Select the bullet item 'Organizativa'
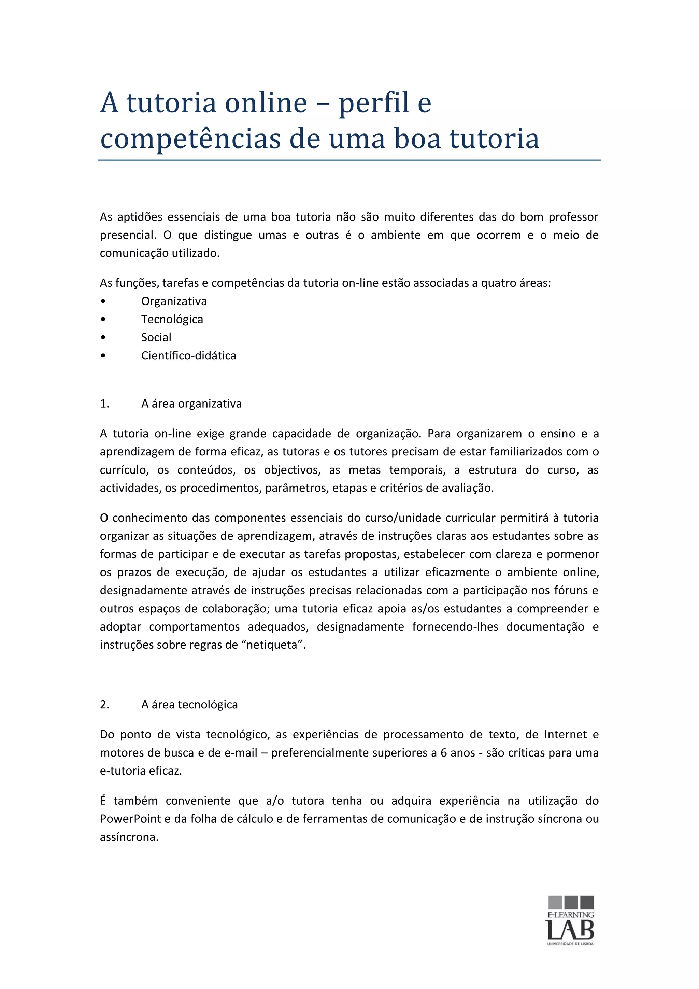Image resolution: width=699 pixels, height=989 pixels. coord(174,301)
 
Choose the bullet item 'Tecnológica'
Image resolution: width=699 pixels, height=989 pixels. coord(172,319)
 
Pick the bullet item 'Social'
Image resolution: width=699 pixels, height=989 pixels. coord(156,337)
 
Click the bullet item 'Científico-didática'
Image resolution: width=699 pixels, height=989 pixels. coord(188,355)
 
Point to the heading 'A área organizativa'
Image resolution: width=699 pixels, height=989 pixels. coord(191,404)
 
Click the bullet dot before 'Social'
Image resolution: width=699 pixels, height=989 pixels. coord(102,337)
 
